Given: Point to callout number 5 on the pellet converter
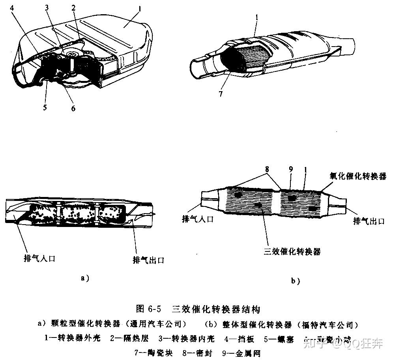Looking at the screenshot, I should pos(45,107).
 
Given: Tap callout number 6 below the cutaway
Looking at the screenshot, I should pos(73,108).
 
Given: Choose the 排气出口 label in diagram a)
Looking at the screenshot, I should pos(148,260).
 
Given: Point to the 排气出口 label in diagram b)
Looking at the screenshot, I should pos(369,221).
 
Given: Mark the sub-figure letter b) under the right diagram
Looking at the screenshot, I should pos(296,281).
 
